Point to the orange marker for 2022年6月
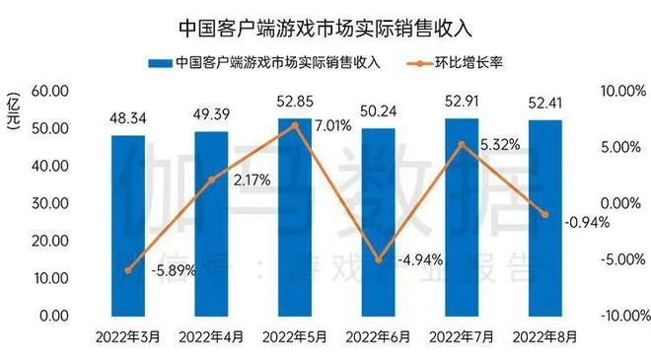point(379,260)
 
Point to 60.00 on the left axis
point(49,91)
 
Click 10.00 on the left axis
point(49,279)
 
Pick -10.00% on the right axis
point(620,317)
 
